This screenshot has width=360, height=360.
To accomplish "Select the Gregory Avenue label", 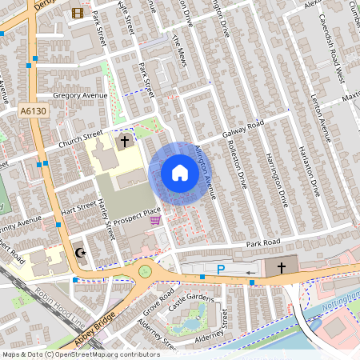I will (79, 95).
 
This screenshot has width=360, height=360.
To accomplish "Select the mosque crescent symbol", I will (79, 253).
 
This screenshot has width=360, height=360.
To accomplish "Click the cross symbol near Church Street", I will (125, 142).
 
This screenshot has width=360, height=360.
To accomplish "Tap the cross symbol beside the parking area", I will (281, 268).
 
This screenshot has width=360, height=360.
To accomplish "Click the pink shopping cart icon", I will (155, 220).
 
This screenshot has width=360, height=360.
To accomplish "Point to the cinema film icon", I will (77, 13).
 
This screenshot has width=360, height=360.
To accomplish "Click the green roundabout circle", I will (145, 271).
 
